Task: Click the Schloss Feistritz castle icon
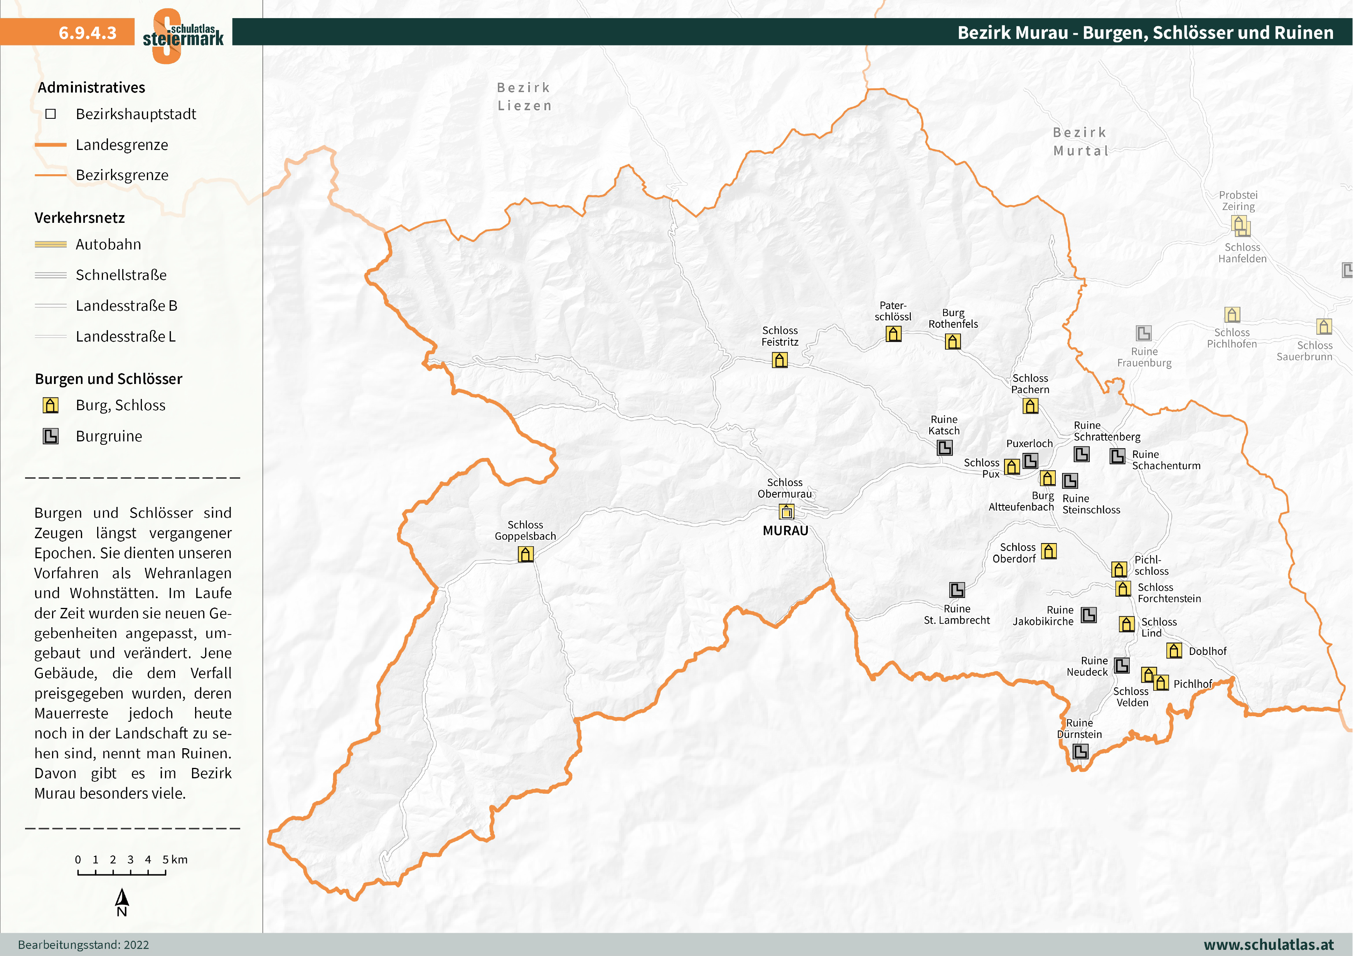[780, 360]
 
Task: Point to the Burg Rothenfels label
[953, 319]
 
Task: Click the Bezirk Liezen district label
[524, 97]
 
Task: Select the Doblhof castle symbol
[1174, 650]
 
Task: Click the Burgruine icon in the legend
[51, 436]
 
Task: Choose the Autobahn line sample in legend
[51, 244]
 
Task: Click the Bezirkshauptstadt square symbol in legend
[51, 114]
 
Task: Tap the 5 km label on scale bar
[175, 859]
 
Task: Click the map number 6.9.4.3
[87, 32]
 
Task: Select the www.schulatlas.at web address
[1268, 944]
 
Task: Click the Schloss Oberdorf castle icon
[1049, 551]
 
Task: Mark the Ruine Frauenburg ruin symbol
[1144, 334]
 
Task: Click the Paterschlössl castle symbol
[893, 334]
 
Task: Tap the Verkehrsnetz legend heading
[79, 218]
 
